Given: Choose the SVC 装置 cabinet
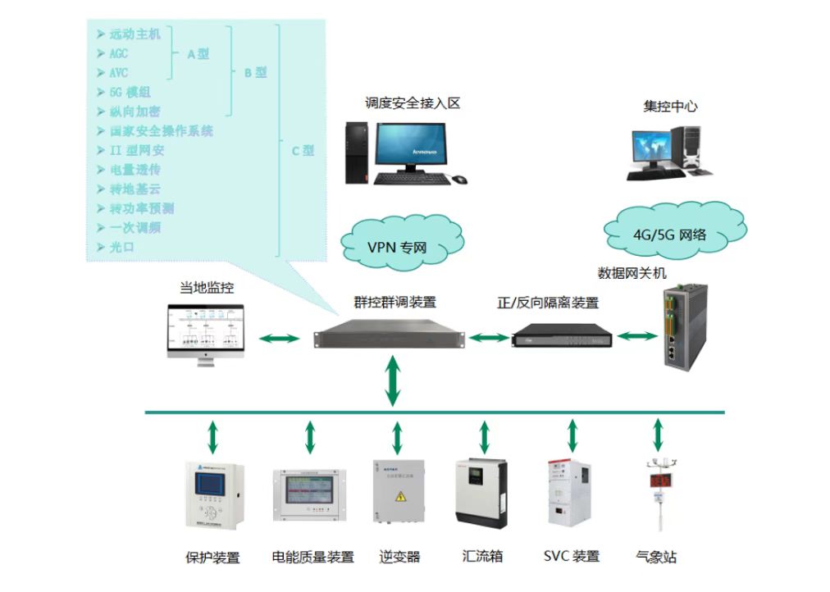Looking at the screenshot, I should pyautogui.click(x=569, y=492).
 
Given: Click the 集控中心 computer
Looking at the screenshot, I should pyautogui.click(x=666, y=153).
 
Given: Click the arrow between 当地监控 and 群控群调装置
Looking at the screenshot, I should pyautogui.click(x=280, y=337).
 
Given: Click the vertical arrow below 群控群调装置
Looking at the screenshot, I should pyautogui.click(x=394, y=380).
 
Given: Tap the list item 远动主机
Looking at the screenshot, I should pyautogui.click(x=135, y=34).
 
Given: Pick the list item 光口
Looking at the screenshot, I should pyautogui.click(x=121, y=247).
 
